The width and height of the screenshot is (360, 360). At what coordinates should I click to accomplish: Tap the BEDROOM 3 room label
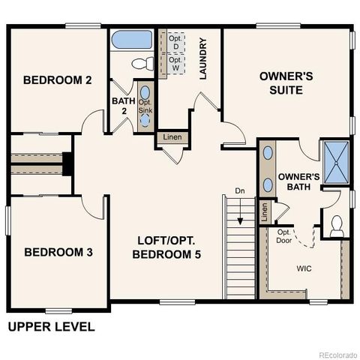58,252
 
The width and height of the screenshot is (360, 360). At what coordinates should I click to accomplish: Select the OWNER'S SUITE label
280,83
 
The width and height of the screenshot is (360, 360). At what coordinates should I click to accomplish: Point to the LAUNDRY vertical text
202,59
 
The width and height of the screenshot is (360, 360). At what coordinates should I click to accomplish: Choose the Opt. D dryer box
174,42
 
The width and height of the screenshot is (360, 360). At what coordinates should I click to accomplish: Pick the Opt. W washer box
174,64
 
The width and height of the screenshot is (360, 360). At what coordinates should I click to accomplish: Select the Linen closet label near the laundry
172,137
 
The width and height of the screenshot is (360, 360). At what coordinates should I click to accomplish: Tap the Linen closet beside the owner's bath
264,212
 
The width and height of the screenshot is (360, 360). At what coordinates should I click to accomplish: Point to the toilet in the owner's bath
337,223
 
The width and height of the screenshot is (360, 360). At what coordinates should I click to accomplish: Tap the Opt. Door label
284,236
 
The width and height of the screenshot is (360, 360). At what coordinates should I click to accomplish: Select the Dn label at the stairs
240,191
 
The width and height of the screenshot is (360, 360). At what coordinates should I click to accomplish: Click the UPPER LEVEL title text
51,326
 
